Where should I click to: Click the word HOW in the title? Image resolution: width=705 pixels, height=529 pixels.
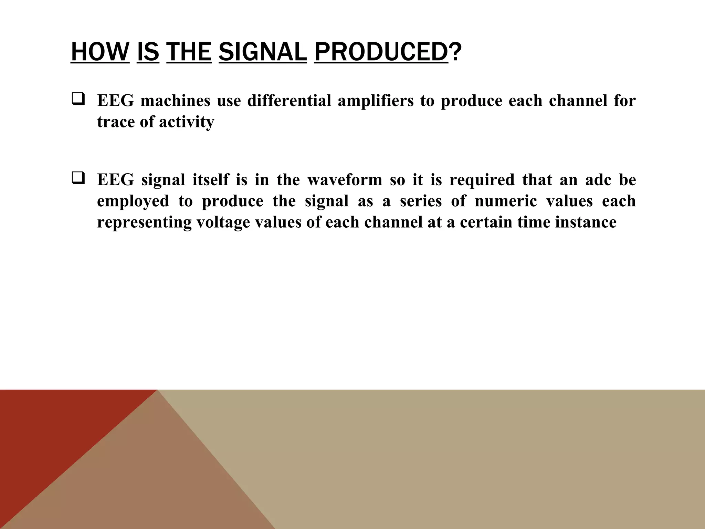coord(100,52)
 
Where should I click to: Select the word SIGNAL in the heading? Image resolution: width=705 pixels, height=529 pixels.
coord(262,52)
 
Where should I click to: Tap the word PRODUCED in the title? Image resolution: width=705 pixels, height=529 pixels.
coord(381,52)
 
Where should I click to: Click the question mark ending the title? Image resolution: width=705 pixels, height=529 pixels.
coord(455,52)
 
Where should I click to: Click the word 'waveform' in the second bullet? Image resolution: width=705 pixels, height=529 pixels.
coord(345,180)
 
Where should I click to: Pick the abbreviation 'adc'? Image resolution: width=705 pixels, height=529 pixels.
coord(598,180)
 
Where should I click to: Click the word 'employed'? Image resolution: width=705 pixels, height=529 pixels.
coord(133,201)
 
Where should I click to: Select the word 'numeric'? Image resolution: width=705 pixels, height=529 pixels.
coord(506,201)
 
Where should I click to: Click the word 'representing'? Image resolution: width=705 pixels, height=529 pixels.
coord(144,222)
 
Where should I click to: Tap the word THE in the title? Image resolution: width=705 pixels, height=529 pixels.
coord(189,52)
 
